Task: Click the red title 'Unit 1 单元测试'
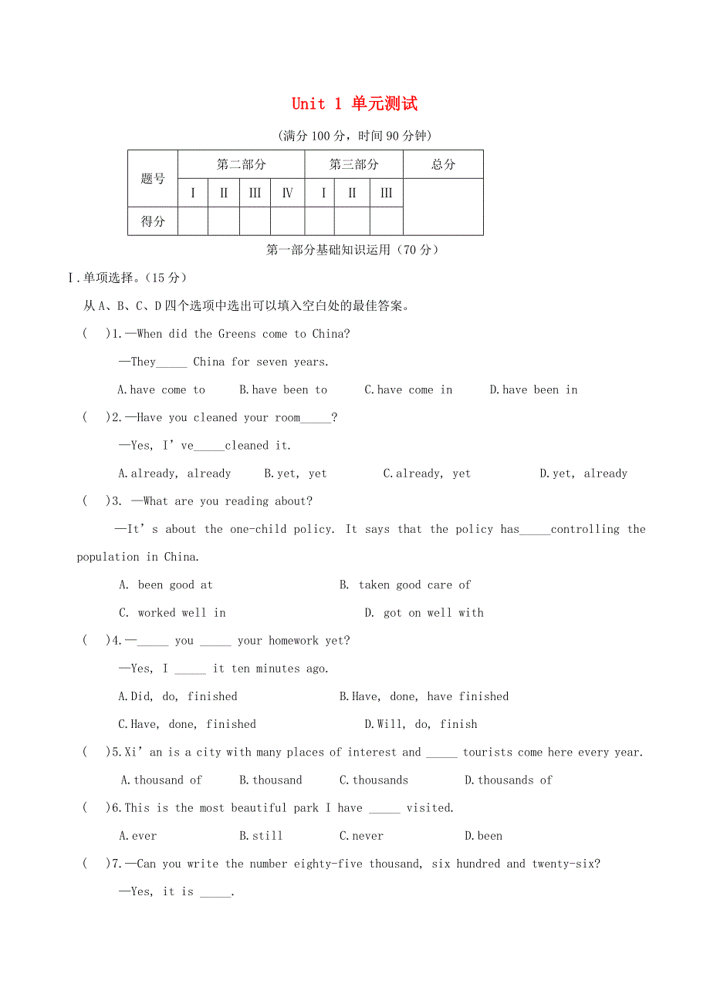354,103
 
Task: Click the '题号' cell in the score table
153,179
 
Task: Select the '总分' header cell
443,164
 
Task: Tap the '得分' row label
153,221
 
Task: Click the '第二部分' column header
241,164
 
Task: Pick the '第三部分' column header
353,164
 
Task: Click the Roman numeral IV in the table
287,193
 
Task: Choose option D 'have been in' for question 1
533,390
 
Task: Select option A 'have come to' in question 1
161,390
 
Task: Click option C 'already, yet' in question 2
427,473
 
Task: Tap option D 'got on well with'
424,613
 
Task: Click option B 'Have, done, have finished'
424,696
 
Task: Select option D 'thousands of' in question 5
508,780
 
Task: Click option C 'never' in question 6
361,836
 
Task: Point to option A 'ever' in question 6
138,836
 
